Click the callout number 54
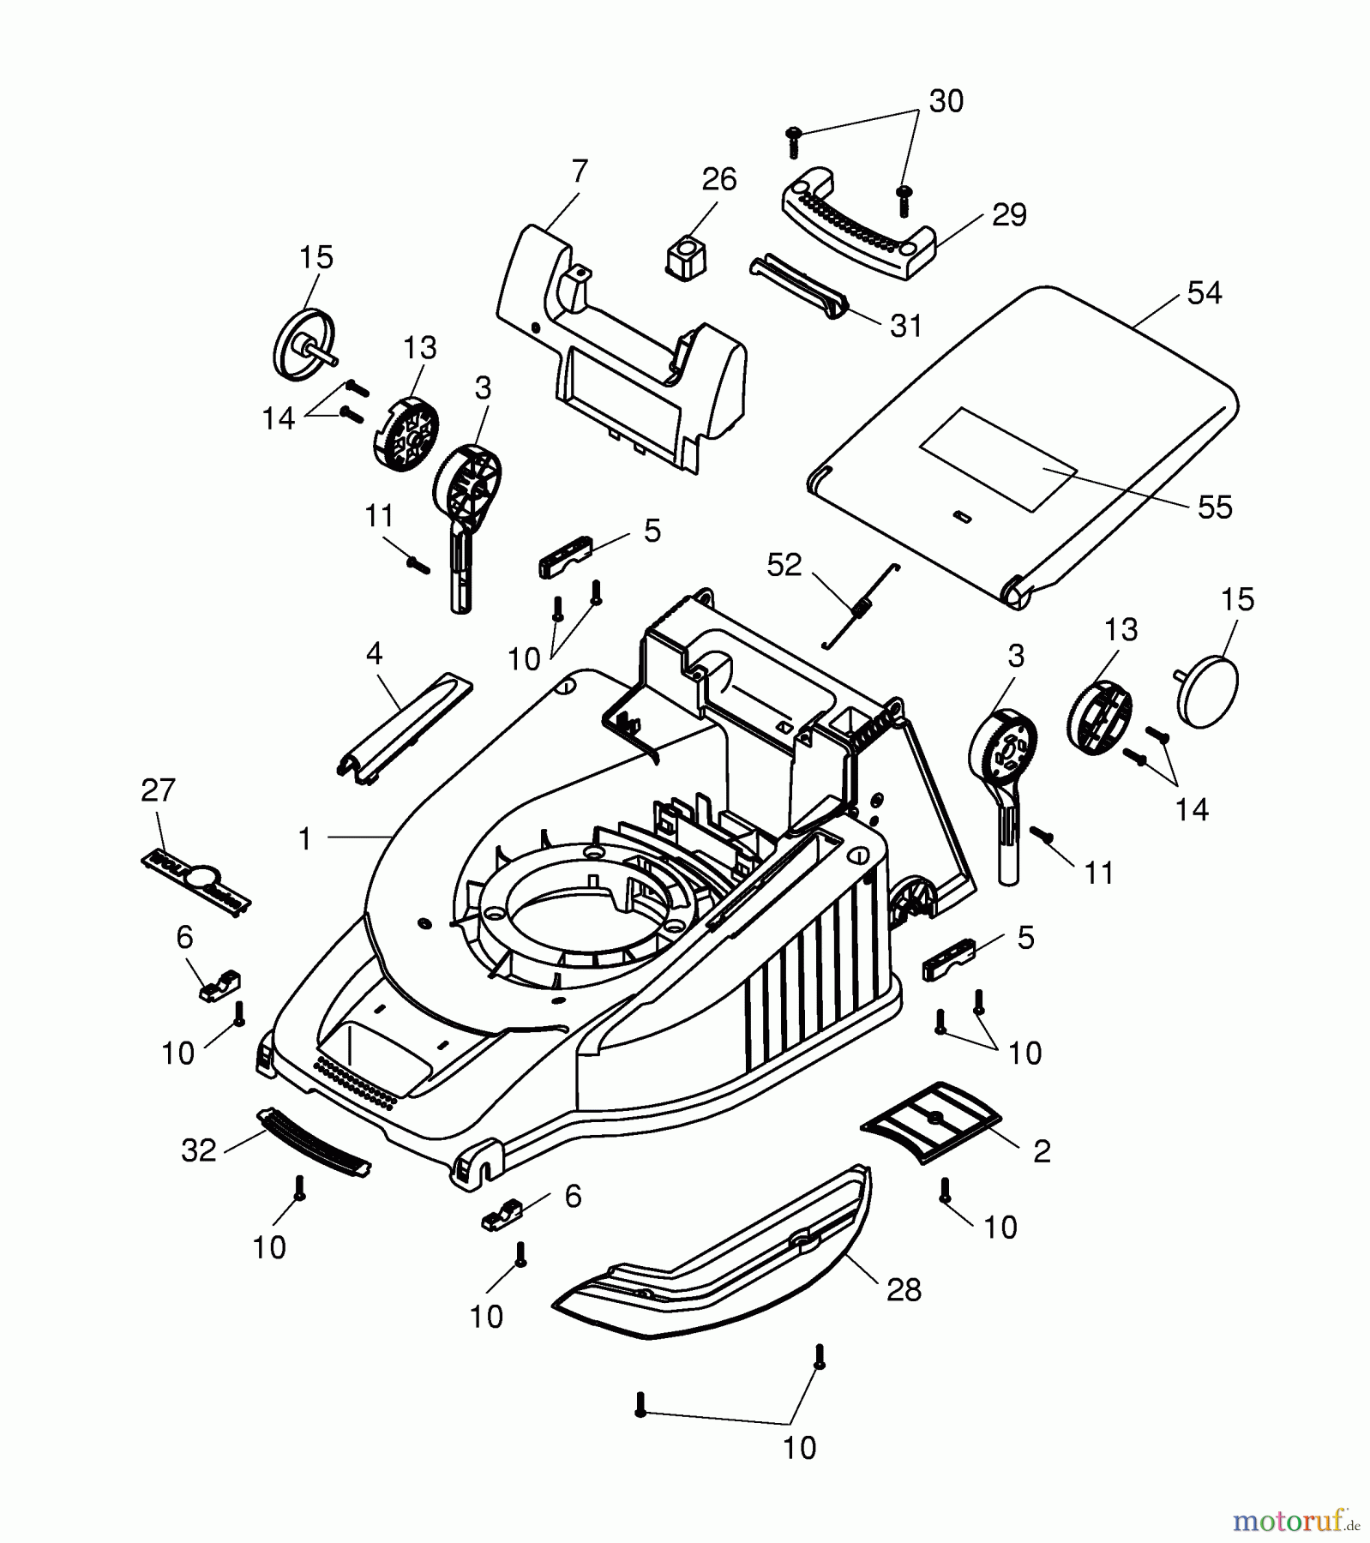pos(1204,293)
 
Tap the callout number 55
pos(1215,507)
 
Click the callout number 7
pos(580,171)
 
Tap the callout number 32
pos(199,1150)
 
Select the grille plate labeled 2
pos(930,1121)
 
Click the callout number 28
pos(904,1289)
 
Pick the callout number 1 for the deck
pos(304,839)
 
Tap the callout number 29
pos(1009,214)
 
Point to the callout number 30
pos(946,101)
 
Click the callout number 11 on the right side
pos(1099,873)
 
